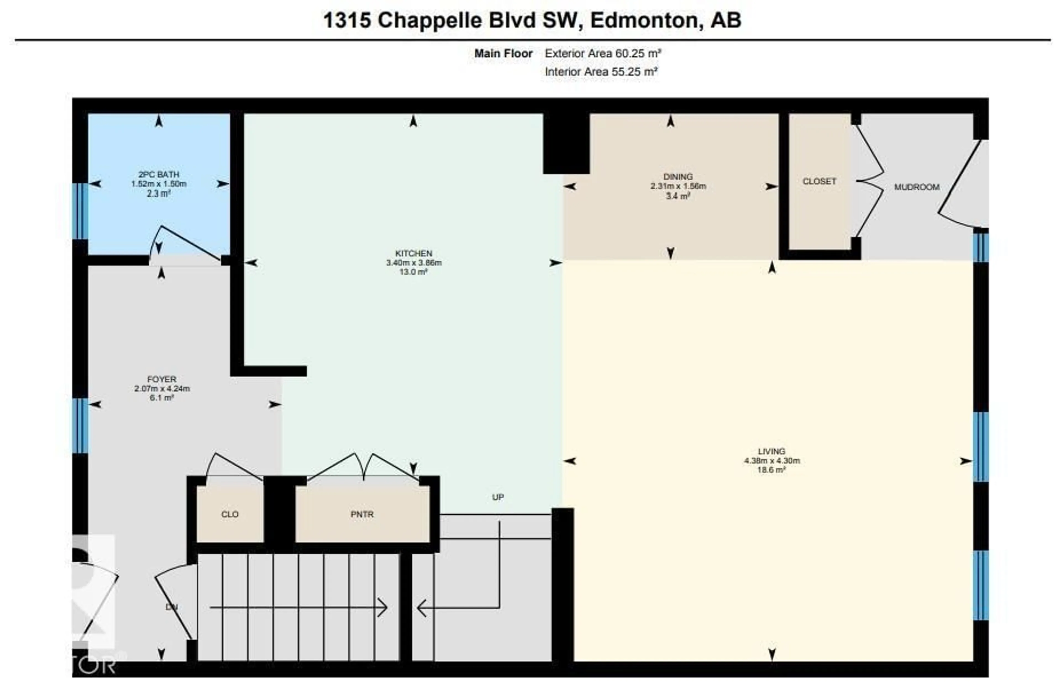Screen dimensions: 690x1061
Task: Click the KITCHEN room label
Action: [413, 253]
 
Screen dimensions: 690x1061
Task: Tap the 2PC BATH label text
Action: [159, 174]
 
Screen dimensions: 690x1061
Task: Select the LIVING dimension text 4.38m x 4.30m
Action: [772, 460]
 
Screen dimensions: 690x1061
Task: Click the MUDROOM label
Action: [916, 187]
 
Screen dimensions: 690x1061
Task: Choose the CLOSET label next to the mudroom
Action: [819, 181]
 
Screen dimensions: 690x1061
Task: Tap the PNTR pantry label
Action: [362, 514]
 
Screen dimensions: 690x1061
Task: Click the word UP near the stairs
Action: [498, 497]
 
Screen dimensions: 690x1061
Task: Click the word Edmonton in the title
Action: [644, 20]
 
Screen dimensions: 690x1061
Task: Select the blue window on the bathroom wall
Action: [80, 211]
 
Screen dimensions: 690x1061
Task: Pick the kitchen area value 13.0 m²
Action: [413, 272]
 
